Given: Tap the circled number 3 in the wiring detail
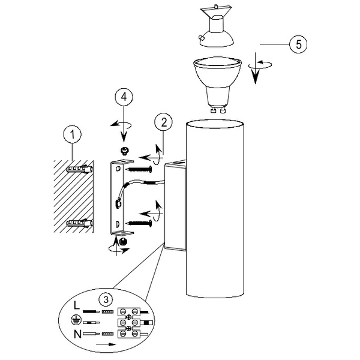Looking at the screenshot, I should pyautogui.click(x=106, y=299).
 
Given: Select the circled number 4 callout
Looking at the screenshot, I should pyautogui.click(x=124, y=97).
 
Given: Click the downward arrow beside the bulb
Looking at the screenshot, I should pyautogui.click(x=256, y=71).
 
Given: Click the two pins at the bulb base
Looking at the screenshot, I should pyautogui.click(x=216, y=110).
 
